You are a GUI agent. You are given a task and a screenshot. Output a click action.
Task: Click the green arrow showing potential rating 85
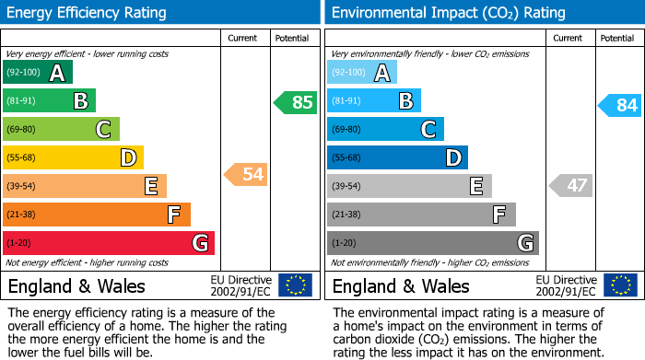(296, 102)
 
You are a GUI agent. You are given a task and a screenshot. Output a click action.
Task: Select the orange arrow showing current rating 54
(246, 174)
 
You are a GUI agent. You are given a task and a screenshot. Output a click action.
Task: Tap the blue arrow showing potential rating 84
(620, 105)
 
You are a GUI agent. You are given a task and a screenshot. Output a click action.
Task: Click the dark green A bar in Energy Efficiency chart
(37, 73)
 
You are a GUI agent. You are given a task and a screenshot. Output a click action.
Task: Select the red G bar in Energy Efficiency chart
(108, 243)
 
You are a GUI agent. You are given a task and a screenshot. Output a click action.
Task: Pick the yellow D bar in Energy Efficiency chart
(73, 157)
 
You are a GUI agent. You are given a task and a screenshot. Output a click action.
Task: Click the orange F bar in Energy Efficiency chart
(96, 215)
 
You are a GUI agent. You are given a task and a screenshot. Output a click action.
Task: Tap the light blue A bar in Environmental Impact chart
(362, 73)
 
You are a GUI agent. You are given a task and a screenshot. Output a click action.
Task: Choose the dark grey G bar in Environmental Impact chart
(432, 243)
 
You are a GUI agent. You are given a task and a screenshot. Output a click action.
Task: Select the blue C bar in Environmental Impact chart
(385, 129)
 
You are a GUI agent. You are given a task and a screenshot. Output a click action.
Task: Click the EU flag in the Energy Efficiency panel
(295, 285)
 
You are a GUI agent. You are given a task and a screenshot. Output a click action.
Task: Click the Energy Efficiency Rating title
(88, 13)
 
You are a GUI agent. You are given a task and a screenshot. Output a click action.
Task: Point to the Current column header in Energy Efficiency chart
(243, 38)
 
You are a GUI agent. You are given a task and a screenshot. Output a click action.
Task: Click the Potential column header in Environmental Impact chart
(616, 38)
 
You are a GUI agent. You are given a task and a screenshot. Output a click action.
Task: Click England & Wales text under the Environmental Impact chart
(401, 286)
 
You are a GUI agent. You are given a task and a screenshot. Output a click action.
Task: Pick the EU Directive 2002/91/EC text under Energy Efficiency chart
(240, 285)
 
